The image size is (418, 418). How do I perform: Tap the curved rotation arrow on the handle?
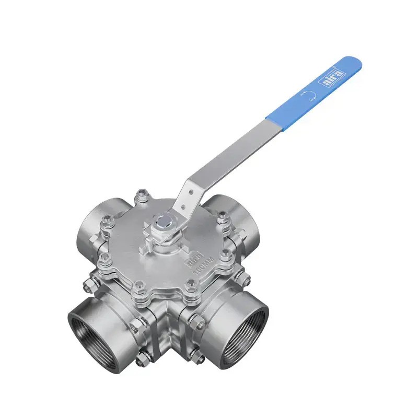[308, 95]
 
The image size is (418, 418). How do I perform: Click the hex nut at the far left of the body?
[88, 285]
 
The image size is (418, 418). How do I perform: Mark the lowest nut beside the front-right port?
[197, 358]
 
